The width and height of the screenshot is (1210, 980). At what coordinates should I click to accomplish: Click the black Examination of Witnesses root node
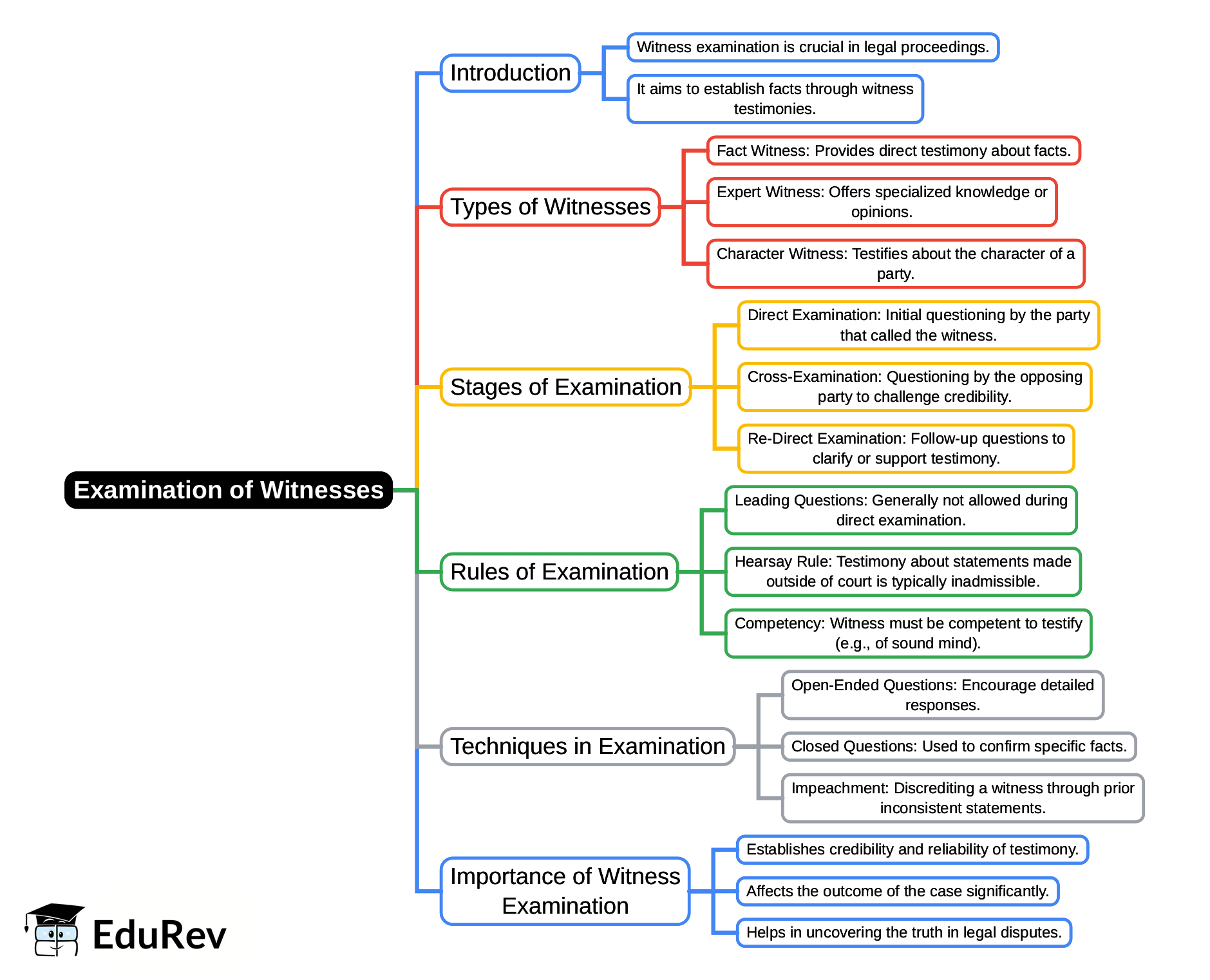tap(229, 490)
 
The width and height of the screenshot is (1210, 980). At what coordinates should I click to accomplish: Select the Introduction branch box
tap(510, 73)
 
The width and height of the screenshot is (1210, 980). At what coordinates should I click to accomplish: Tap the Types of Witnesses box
tap(550, 207)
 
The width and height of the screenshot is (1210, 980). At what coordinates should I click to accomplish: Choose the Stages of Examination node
tap(565, 387)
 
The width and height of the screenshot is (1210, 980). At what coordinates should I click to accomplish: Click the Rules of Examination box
tap(559, 572)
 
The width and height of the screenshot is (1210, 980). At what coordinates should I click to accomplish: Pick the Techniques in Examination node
tap(587, 746)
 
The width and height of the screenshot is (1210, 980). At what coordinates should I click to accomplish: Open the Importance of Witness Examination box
tap(565, 891)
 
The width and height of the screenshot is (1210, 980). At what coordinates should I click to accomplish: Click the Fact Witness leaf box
tap(893, 151)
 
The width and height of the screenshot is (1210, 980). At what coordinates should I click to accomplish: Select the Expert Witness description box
tap(882, 202)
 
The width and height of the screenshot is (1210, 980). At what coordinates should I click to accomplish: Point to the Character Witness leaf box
tap(895, 263)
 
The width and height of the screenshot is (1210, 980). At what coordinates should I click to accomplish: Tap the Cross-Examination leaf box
tap(914, 386)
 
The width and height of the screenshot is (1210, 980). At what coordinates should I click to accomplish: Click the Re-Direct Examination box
tap(906, 448)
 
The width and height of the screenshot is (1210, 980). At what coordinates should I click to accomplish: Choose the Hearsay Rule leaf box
tap(903, 572)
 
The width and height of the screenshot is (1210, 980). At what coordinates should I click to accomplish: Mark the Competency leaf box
tap(908, 633)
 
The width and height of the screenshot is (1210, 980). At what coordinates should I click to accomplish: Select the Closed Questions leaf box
tap(959, 746)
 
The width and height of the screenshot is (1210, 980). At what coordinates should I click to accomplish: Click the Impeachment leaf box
tap(963, 798)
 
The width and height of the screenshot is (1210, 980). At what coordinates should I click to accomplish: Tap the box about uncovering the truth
tap(903, 932)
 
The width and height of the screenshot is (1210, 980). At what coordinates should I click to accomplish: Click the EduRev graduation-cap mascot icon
tap(54, 930)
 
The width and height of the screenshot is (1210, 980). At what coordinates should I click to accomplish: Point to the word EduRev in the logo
tap(159, 936)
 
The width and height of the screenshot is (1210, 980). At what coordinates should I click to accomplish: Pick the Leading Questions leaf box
tap(901, 510)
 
